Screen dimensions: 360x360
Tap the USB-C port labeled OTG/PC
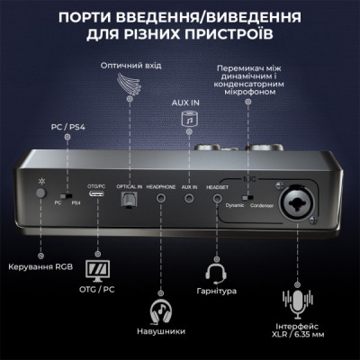(94, 198)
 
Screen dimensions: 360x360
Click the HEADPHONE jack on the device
(160, 198)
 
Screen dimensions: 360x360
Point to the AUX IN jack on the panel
(189, 198)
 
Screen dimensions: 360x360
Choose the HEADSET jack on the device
(217, 198)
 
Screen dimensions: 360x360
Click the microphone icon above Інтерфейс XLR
(296, 301)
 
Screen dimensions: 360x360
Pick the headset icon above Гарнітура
(216, 274)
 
